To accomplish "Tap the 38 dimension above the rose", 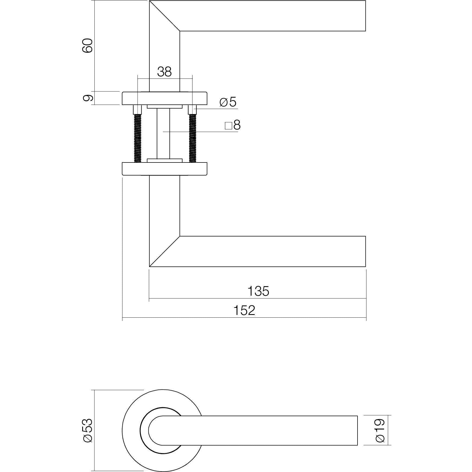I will [164, 72].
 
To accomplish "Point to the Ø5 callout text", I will [228, 102].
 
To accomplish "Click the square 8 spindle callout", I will [233, 125].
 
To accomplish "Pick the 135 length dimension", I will [258, 291].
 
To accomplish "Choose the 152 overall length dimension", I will [244, 310].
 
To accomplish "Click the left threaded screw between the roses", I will [138, 138].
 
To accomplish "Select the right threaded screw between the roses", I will [193, 138].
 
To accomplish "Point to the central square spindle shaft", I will [164, 133].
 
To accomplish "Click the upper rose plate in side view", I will [164, 98].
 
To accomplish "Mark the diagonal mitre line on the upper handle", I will [164, 16].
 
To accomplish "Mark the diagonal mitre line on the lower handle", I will [164, 251].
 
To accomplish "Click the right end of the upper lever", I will [365, 16].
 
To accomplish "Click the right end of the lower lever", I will [365, 251].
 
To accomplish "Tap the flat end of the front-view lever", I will [357, 430].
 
